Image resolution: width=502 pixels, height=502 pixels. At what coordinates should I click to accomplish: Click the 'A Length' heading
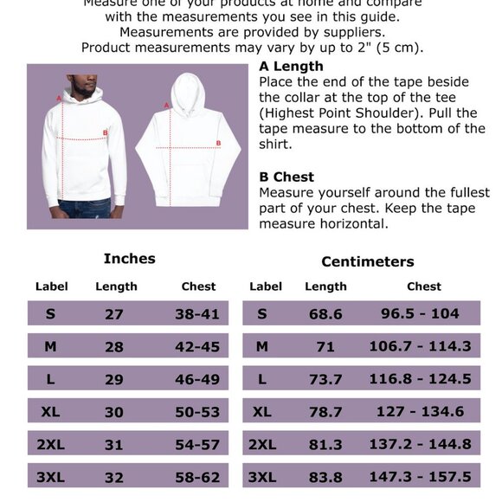click(x=291, y=67)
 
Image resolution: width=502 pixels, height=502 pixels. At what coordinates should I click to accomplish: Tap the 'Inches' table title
click(x=129, y=259)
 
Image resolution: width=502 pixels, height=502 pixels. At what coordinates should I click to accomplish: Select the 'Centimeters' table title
click(x=367, y=261)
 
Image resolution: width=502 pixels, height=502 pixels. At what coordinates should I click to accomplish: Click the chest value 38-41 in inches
click(x=197, y=314)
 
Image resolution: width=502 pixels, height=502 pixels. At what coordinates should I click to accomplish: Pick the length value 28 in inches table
click(x=114, y=347)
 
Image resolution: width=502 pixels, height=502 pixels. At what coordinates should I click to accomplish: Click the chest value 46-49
click(x=197, y=379)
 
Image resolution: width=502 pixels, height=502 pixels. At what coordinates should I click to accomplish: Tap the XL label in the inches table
click(x=50, y=412)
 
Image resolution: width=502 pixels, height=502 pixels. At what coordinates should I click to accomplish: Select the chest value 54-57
click(x=197, y=444)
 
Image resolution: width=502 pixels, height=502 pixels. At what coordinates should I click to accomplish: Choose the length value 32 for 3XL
click(x=114, y=477)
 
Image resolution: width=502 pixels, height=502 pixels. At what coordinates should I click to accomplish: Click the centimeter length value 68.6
click(x=325, y=314)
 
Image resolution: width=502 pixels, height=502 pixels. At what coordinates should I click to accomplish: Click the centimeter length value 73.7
click(x=325, y=379)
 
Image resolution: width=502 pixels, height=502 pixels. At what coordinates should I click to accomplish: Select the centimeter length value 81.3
click(x=325, y=444)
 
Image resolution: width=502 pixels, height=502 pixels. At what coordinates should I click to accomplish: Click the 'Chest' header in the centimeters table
click(x=424, y=286)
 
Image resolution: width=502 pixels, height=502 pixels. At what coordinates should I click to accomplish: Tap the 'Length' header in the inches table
click(x=116, y=286)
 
